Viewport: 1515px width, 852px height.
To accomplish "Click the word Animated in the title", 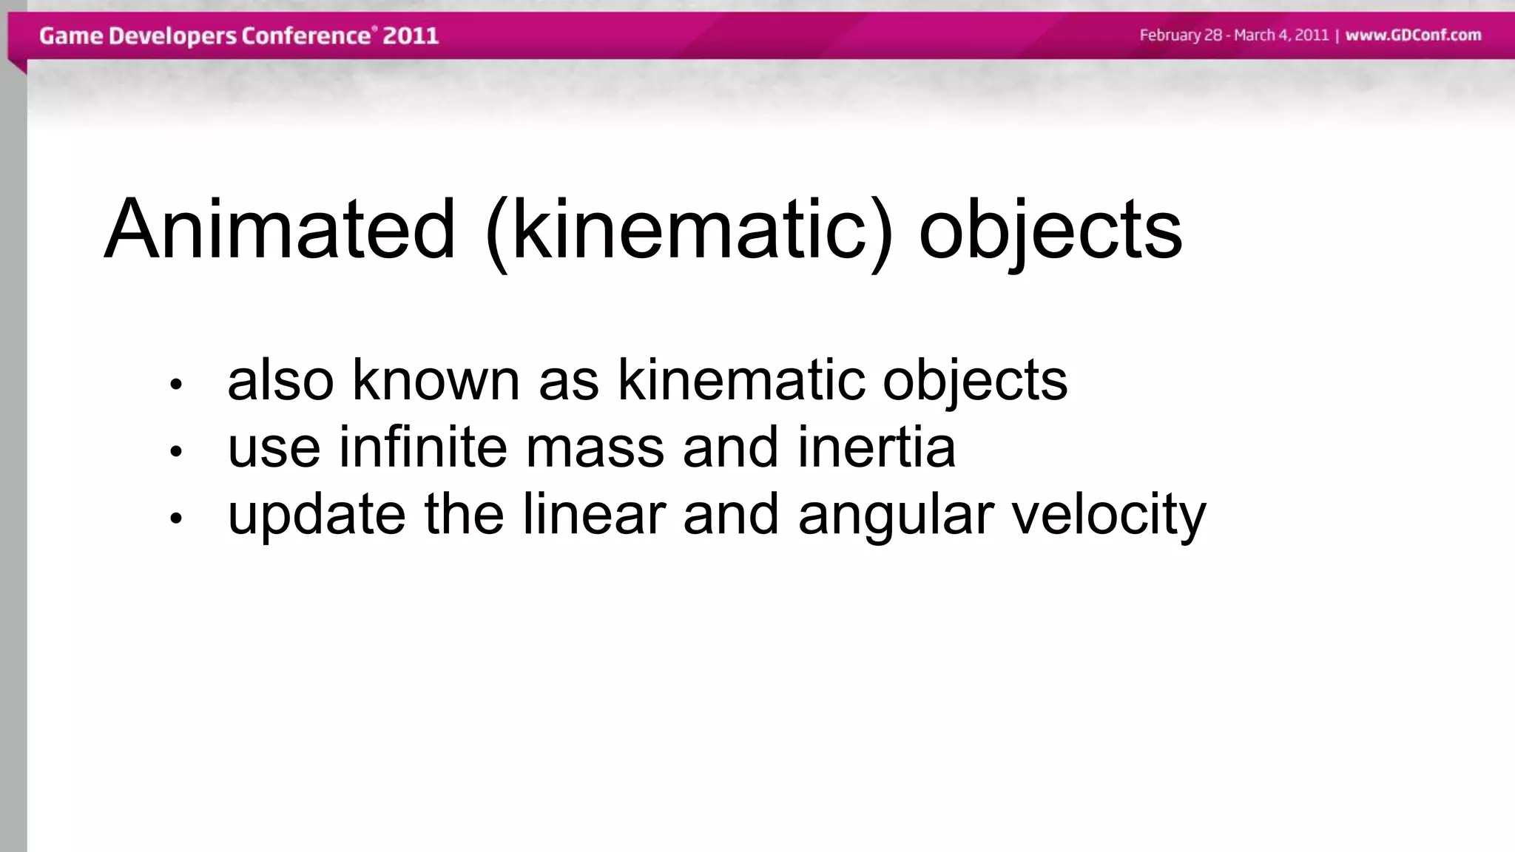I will point(280,230).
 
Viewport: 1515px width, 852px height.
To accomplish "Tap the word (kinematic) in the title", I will point(689,230).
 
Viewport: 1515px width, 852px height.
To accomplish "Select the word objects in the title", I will point(1050,230).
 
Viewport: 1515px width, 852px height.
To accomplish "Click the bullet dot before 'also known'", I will point(175,384).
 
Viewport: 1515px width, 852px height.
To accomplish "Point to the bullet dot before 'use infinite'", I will point(175,450).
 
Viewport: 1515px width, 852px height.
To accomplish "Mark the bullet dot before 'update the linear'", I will point(175,518).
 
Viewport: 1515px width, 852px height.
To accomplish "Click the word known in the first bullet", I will point(436,380).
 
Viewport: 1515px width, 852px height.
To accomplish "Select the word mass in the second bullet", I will point(595,447).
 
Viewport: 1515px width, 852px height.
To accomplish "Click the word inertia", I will point(877,447).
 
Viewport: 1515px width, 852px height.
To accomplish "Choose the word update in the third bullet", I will point(317,515).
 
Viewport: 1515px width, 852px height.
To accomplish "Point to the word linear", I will point(594,515).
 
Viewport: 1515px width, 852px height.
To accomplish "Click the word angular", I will point(896,515).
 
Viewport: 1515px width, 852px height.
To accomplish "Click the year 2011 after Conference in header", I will point(411,35).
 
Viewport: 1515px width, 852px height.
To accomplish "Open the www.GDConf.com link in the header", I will point(1413,35).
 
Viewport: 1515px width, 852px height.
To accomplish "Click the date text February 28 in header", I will point(1181,35).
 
